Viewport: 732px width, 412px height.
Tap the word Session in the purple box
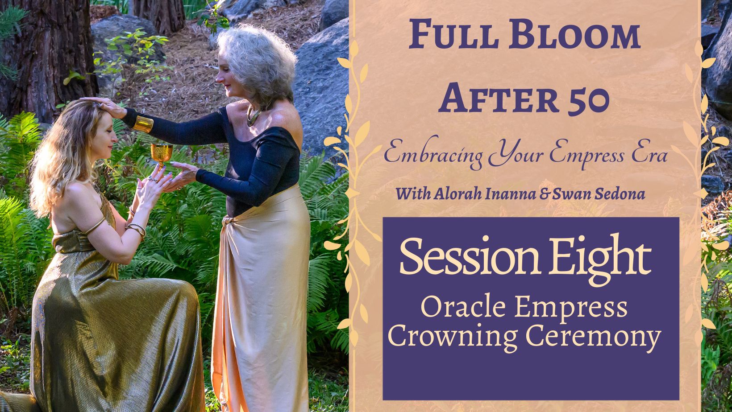click(469, 256)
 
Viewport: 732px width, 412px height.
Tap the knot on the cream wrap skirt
click(226, 222)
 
